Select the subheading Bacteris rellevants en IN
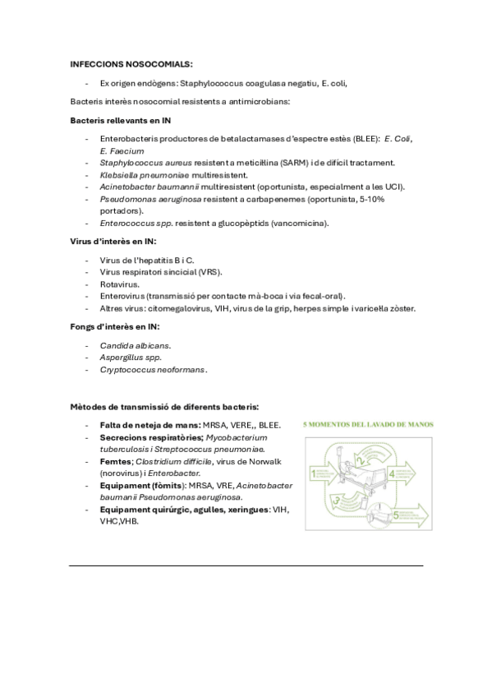tap(120, 121)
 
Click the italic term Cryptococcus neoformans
tap(153, 370)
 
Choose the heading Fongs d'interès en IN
tap(114, 327)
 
